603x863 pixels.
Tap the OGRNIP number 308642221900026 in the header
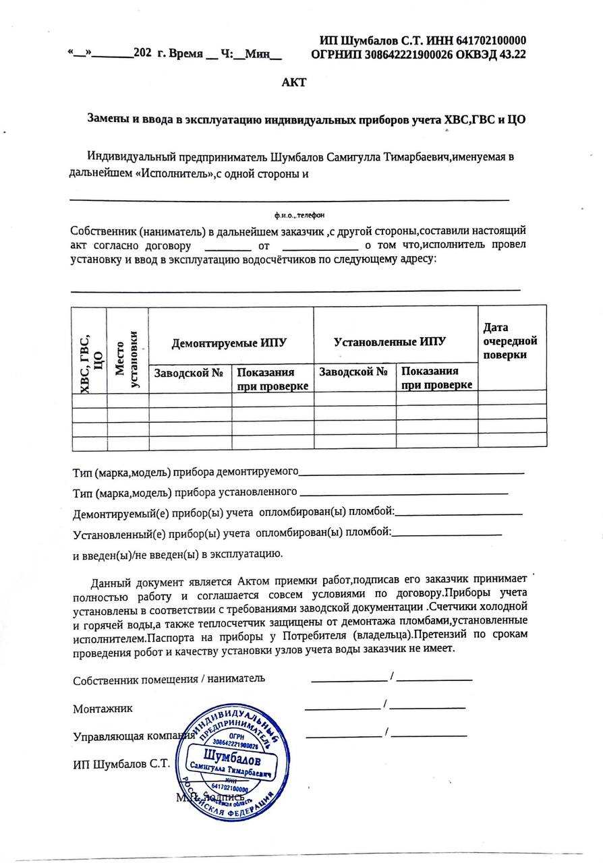402,55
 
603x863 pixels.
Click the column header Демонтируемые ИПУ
229,343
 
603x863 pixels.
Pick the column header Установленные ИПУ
391,342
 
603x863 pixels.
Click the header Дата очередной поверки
510,341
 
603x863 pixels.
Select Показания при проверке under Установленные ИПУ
436,378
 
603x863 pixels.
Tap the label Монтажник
103,709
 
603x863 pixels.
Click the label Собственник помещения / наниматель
169,680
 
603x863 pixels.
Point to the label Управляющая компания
128,736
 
